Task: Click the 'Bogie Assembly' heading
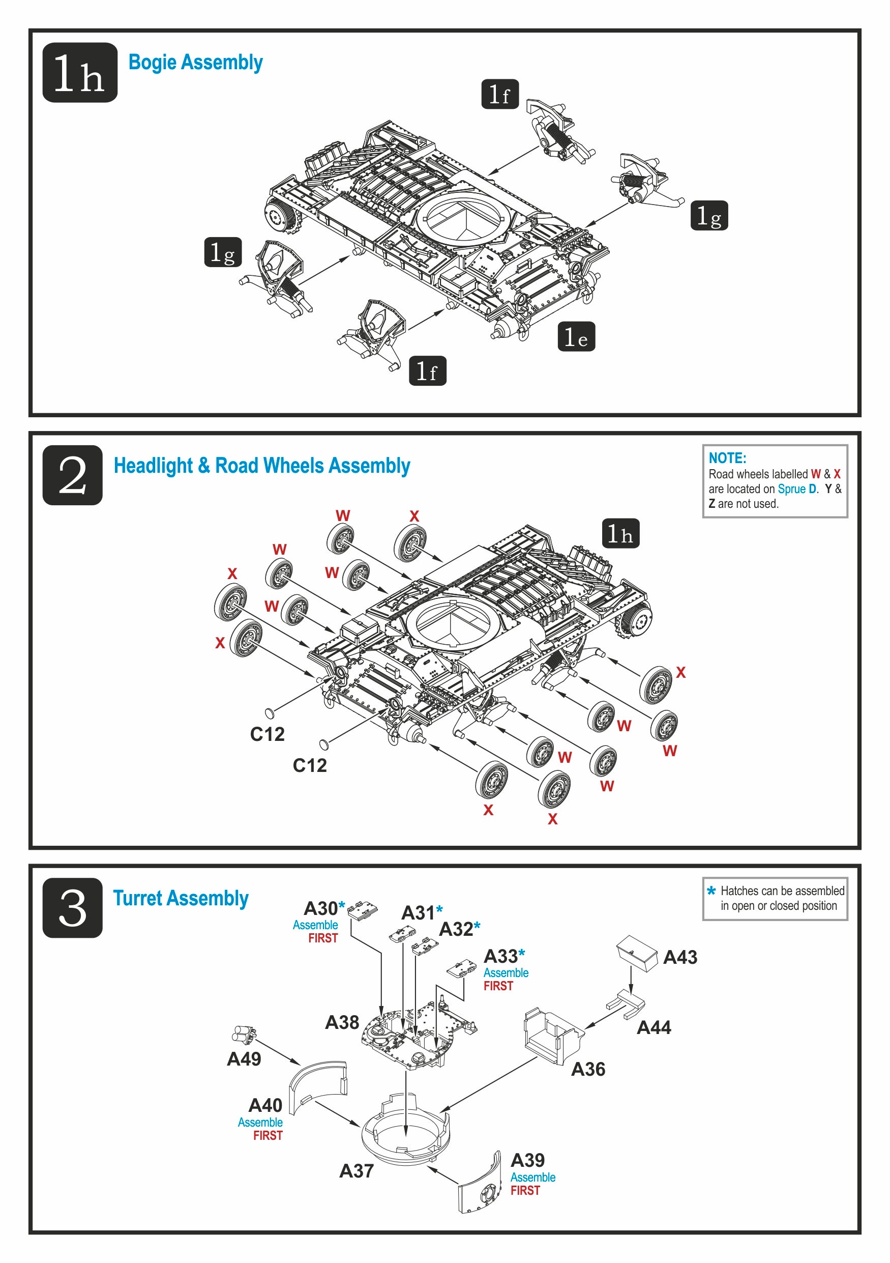click(x=195, y=63)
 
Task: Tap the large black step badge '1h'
click(x=80, y=73)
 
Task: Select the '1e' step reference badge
click(x=576, y=337)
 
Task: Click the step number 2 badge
click(x=73, y=475)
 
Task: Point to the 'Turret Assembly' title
click(x=181, y=898)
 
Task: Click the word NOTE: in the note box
click(x=727, y=457)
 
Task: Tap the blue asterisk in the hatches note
click(x=711, y=891)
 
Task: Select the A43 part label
click(x=680, y=957)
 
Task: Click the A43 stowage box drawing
click(x=637, y=953)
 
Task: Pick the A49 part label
click(x=244, y=1059)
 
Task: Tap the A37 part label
click(x=356, y=1171)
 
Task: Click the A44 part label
click(x=654, y=1027)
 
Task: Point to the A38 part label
click(x=342, y=1023)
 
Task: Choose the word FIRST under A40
click(x=268, y=1135)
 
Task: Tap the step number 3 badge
click(x=73, y=908)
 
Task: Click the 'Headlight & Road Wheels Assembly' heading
click(x=262, y=466)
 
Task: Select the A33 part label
click(x=500, y=957)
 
